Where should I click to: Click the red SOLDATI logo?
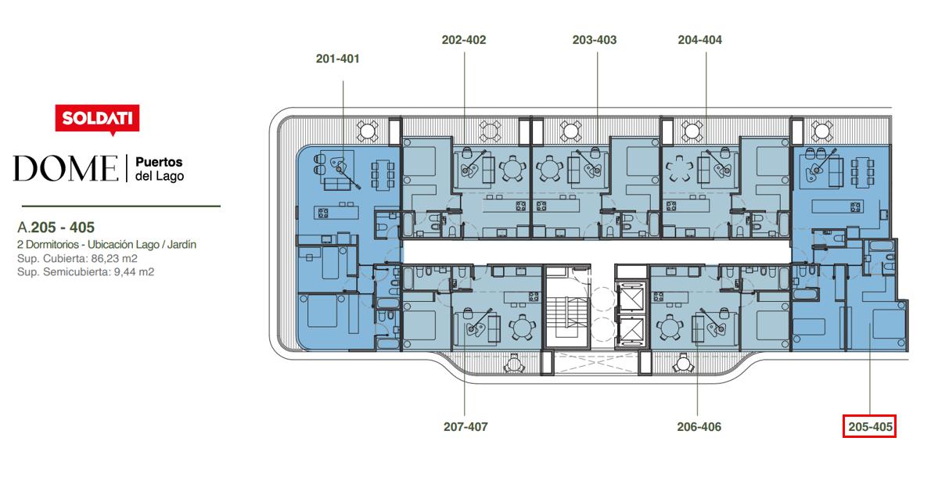pos(97,119)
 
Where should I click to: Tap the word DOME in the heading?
pos(65,168)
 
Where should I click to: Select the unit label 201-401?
pos(338,59)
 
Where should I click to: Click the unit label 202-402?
pos(464,40)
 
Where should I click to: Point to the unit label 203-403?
pos(595,40)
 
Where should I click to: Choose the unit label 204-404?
pos(700,40)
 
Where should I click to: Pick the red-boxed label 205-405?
pos(870,427)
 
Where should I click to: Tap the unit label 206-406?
pos(699,427)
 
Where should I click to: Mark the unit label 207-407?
pos(465,427)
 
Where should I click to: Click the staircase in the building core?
pos(567,314)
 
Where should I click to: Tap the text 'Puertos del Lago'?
pos(159,168)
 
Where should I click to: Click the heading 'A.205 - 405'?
pos(56,228)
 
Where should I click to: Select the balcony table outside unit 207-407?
pos(513,363)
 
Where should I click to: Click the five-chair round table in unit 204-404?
pos(679,168)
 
